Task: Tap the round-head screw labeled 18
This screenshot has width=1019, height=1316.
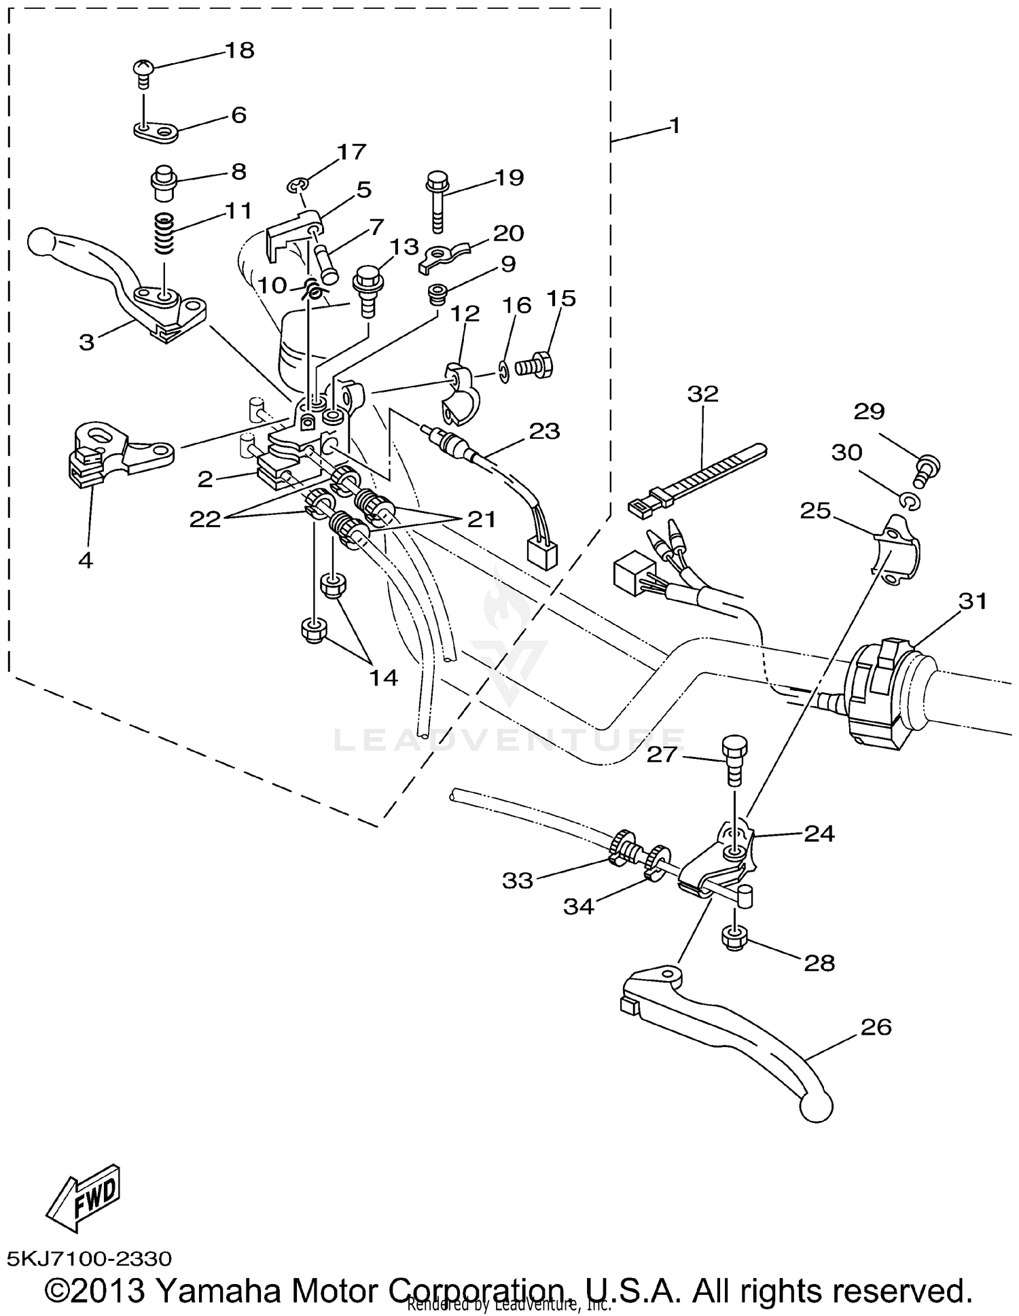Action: point(143,70)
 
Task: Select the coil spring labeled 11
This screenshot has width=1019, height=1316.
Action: point(164,232)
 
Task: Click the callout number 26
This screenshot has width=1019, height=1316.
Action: point(876,1027)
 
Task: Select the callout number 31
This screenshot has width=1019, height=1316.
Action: point(973,601)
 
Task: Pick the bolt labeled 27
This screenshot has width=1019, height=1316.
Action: point(734,759)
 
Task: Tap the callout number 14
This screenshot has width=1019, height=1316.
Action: point(383,677)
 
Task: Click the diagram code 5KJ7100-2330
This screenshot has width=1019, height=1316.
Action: point(90,1258)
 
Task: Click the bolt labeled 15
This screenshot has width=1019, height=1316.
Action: point(536,365)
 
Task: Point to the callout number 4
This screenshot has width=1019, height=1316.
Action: point(86,561)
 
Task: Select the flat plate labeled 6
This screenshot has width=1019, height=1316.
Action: point(155,130)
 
